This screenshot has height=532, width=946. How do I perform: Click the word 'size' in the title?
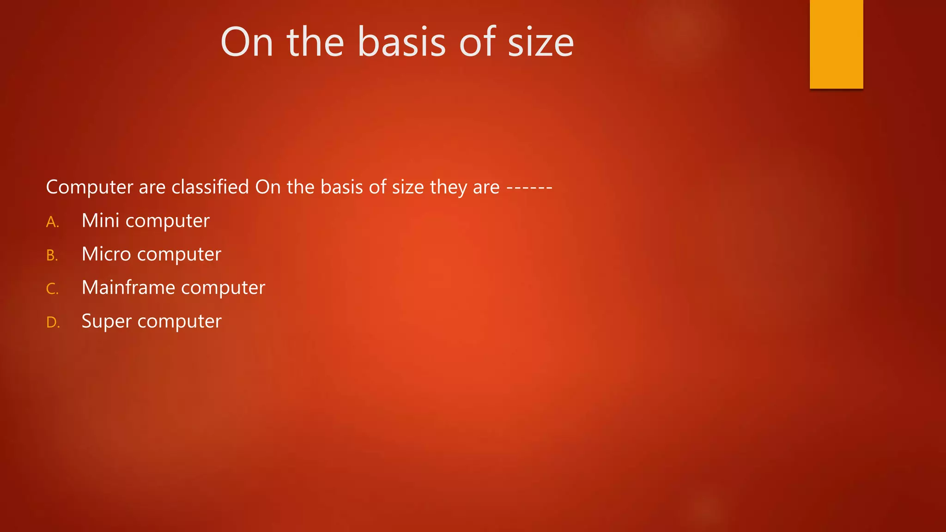pos(540,42)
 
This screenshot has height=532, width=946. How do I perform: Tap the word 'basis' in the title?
pos(401,42)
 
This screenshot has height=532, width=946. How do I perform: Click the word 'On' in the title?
pos(247,42)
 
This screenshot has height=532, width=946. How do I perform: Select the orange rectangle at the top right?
pos(836,44)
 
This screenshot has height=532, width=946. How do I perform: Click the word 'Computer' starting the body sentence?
pos(90,187)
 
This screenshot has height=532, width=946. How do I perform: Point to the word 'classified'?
pos(210,187)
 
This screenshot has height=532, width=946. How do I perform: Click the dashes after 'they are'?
pos(529,188)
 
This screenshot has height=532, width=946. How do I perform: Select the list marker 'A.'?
pos(53,222)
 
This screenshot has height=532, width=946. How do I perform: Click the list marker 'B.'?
pos(52,255)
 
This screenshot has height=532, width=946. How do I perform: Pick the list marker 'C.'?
pos(52,289)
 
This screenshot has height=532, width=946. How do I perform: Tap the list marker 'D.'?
pos(53,322)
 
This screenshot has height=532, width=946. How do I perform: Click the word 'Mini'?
pos(100,221)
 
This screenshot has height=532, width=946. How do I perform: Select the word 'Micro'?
pos(106,254)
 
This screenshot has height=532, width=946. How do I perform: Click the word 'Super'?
pos(107,321)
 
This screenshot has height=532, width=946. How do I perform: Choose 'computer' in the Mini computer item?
pos(168,221)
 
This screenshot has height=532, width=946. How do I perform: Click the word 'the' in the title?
pos(315,42)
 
